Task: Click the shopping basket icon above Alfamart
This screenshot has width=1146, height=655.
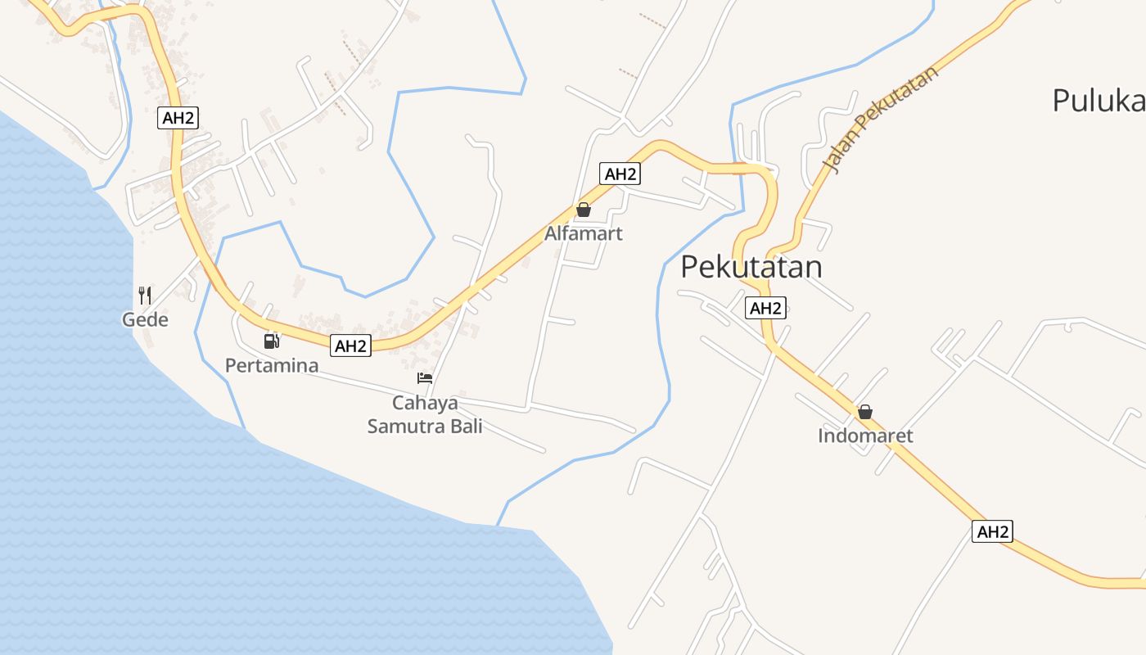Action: pyautogui.click(x=584, y=210)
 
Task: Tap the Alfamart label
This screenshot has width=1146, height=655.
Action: pyautogui.click(x=584, y=233)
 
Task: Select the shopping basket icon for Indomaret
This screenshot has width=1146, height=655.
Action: pyautogui.click(x=864, y=412)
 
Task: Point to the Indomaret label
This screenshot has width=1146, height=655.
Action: pyautogui.click(x=865, y=436)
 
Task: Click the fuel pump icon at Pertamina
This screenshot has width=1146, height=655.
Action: pyautogui.click(x=272, y=341)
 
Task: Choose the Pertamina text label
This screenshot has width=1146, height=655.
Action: pyautogui.click(x=272, y=365)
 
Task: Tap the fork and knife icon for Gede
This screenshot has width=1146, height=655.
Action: pyautogui.click(x=145, y=296)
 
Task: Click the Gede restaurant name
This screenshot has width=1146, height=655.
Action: pyautogui.click(x=145, y=319)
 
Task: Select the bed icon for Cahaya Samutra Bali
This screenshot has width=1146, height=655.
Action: pyautogui.click(x=425, y=378)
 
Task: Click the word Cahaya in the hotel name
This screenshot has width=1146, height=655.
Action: pyautogui.click(x=425, y=403)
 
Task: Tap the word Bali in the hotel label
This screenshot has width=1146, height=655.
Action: pyautogui.click(x=467, y=426)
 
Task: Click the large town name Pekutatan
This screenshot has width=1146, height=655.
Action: pyautogui.click(x=751, y=267)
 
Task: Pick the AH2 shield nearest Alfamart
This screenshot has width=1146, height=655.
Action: pyautogui.click(x=620, y=174)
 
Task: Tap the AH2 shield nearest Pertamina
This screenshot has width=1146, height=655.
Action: pyautogui.click(x=350, y=346)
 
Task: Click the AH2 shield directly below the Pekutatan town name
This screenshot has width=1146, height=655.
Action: pyautogui.click(x=765, y=308)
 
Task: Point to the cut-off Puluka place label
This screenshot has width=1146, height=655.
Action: pyautogui.click(x=1098, y=101)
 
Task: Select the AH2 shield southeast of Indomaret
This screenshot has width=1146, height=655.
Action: pyautogui.click(x=992, y=531)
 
